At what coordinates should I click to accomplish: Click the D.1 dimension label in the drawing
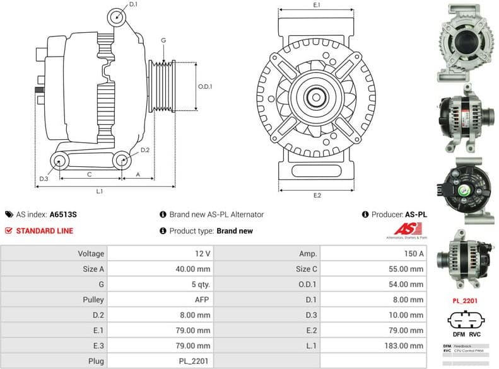[133, 5]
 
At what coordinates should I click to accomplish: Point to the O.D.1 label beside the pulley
[205, 86]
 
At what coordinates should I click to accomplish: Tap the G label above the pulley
[163, 40]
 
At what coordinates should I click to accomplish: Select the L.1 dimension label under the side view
[100, 191]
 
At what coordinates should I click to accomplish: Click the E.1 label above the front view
[317, 6]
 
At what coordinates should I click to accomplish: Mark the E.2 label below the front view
[317, 195]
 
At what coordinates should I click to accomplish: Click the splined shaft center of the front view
[316, 98]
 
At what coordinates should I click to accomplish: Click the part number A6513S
[63, 214]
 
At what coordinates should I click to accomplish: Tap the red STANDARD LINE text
[44, 230]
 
